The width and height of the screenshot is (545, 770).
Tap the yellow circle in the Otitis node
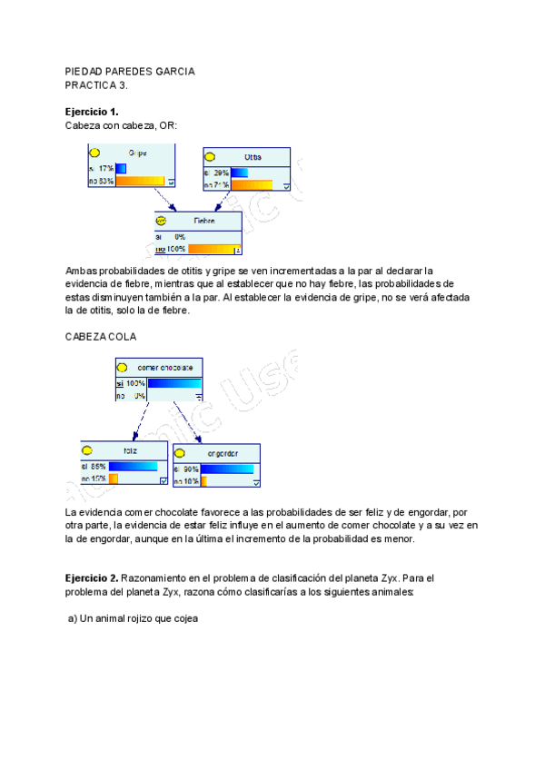point(211,157)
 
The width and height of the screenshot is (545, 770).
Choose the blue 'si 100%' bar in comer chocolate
point(174,383)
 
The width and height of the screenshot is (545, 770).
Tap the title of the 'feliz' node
point(129,450)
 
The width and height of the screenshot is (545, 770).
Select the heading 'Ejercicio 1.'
point(92,111)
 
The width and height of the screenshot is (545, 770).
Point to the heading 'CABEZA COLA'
point(101,336)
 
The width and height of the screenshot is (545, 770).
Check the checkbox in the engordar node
point(256,483)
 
